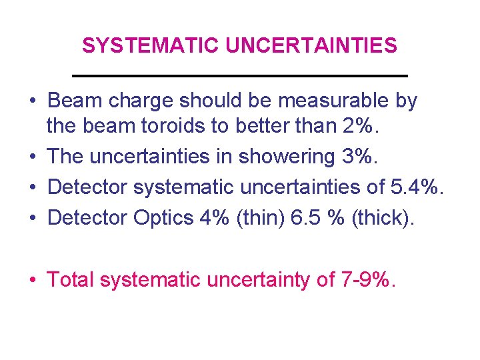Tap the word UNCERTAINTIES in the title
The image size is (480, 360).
point(311,46)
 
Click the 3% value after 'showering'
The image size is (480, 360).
point(359,157)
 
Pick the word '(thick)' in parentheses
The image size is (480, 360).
point(381,217)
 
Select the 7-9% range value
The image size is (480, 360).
point(367,280)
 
